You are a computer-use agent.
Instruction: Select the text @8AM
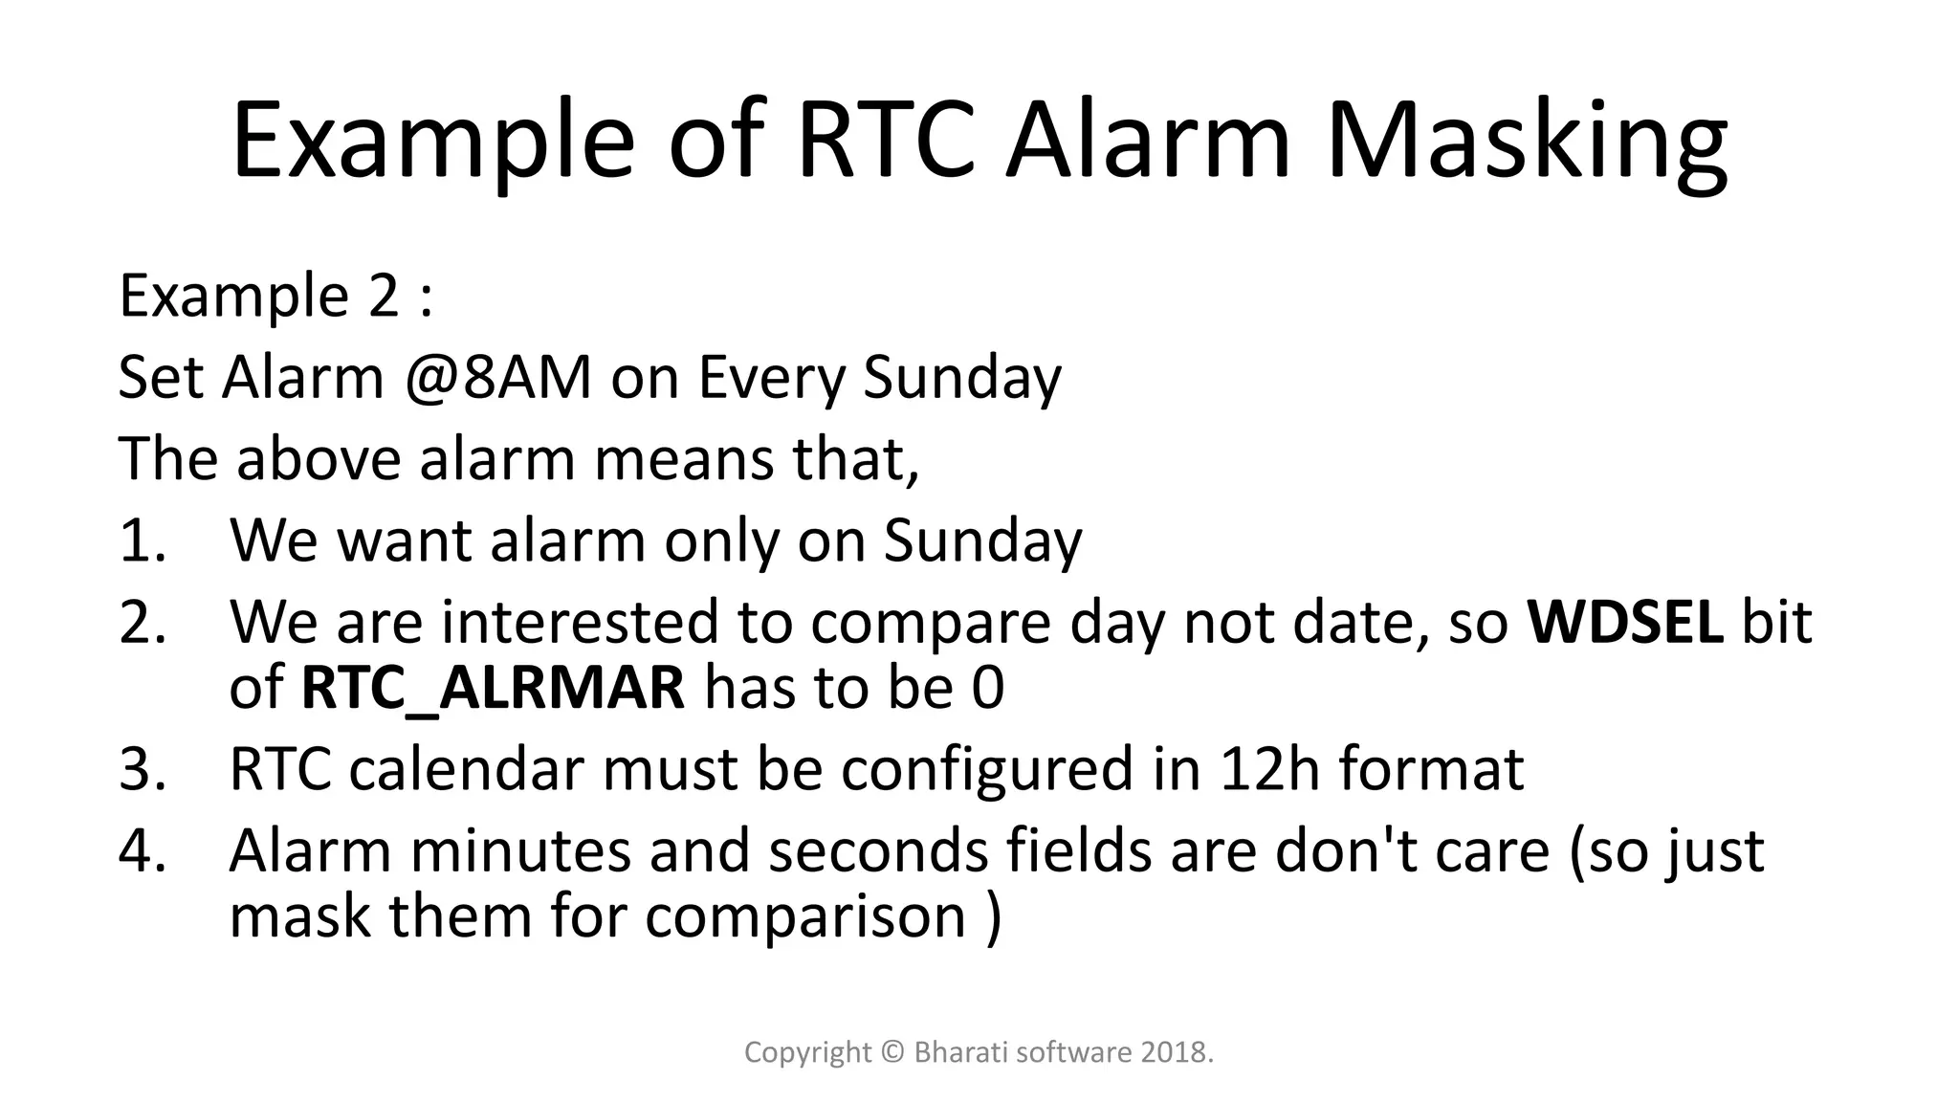pyautogui.click(x=497, y=377)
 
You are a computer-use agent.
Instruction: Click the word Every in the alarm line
pyautogui.click(x=772, y=377)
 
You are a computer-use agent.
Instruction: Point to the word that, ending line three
pyautogui.click(x=854, y=459)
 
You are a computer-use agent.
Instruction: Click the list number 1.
pyautogui.click(x=141, y=540)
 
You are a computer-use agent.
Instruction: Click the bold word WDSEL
pyautogui.click(x=1625, y=622)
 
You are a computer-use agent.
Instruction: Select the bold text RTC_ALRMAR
pyautogui.click(x=493, y=688)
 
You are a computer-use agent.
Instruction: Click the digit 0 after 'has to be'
pyautogui.click(x=987, y=688)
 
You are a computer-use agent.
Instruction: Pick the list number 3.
pyautogui.click(x=141, y=769)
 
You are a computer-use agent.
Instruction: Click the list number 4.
pyautogui.click(x=141, y=850)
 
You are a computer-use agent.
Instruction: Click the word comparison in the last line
pyautogui.click(x=805, y=916)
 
